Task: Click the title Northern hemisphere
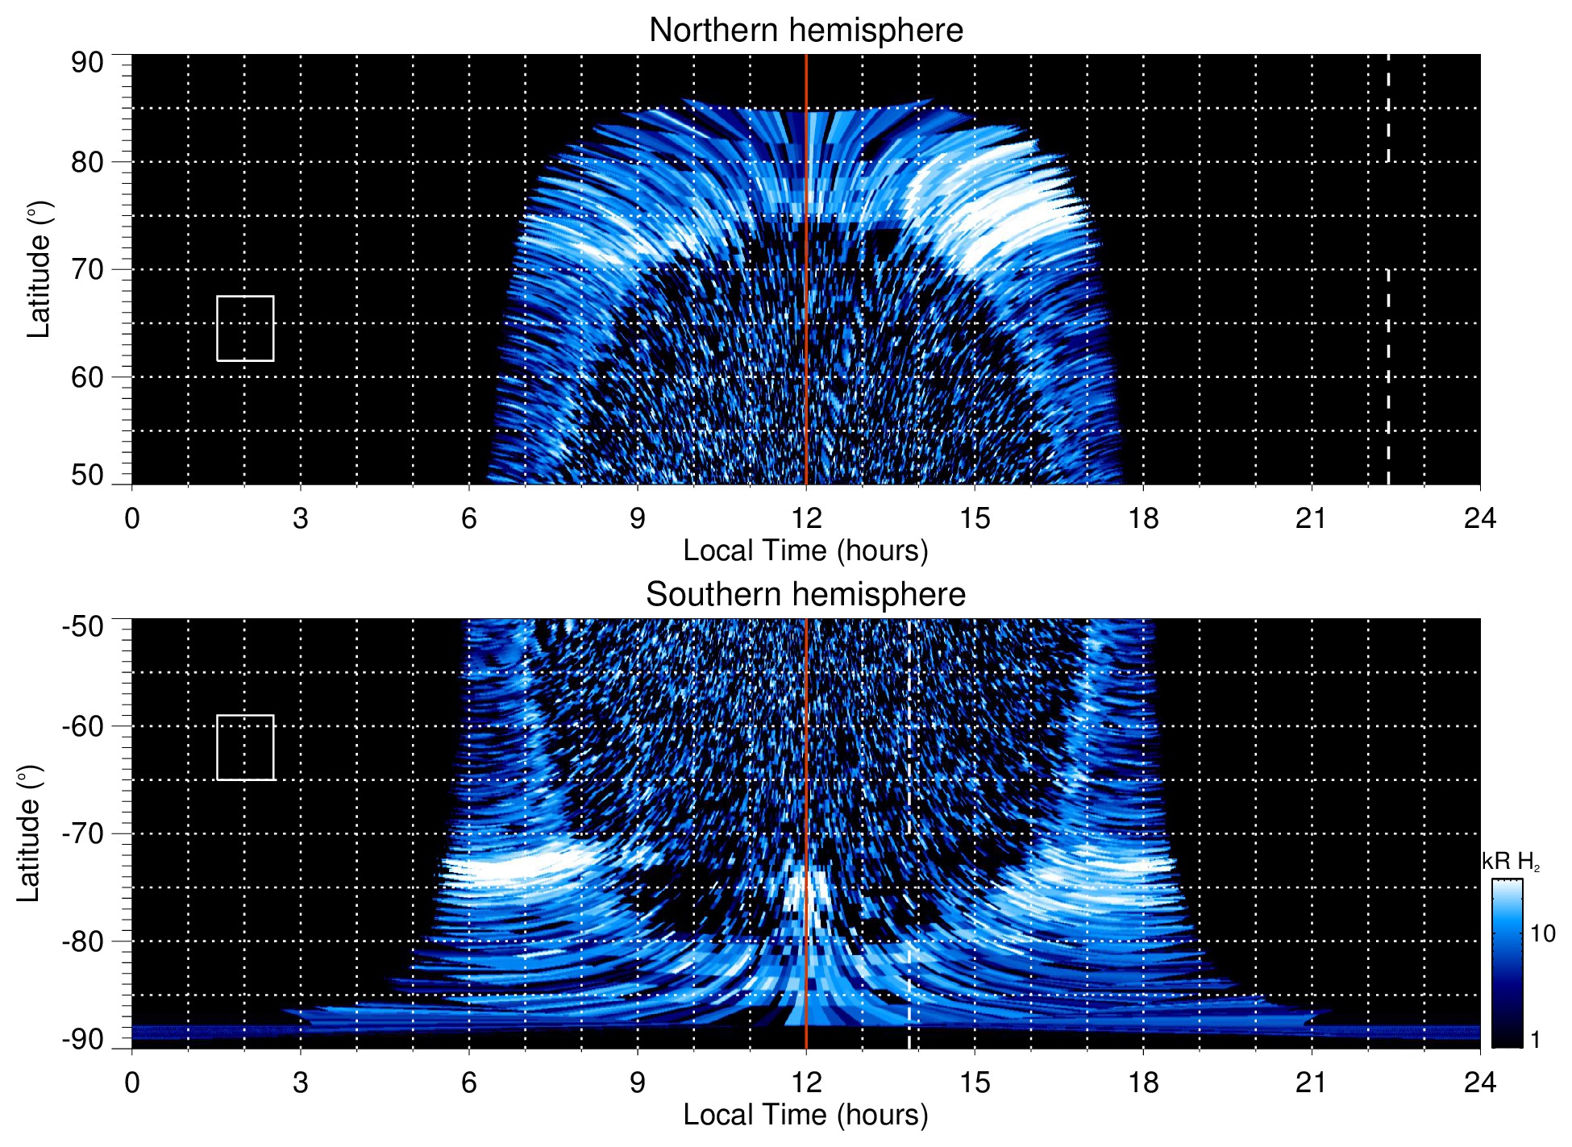805,31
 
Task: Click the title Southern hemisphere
805,595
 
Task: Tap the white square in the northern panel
245,328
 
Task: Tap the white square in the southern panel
245,747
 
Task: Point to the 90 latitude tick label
87,63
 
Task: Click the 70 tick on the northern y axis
87,269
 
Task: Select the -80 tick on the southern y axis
82,941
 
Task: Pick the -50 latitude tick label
82,626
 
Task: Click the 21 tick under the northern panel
1311,517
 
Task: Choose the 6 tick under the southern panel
468,1082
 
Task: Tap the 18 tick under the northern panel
1142,517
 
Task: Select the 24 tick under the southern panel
1479,1082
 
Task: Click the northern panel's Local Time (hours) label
805,551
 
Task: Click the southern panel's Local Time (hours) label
805,1115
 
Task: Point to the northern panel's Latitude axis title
39,269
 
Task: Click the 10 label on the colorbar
1542,933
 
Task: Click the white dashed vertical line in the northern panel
1387,363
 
